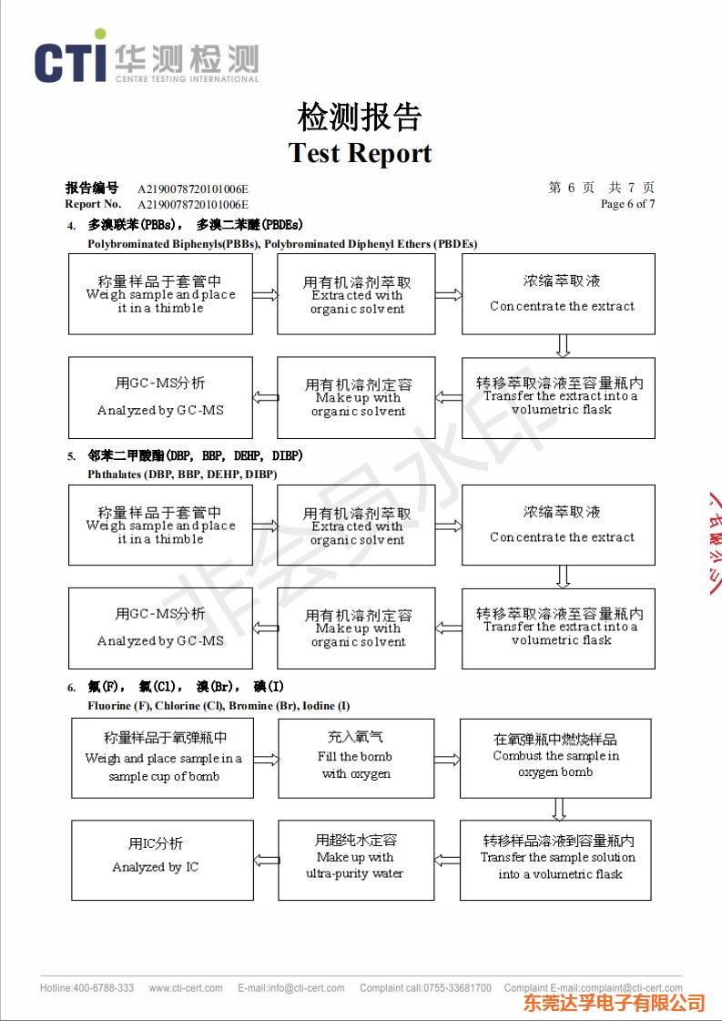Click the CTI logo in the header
click(146, 61)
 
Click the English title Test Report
click(361, 153)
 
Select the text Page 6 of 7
click(627, 204)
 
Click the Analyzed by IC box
click(162, 860)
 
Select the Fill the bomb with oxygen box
click(356, 757)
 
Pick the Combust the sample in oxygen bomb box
click(555, 757)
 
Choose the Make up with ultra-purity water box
click(356, 860)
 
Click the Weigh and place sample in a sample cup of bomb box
click(162, 757)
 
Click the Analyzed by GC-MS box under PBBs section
click(160, 397)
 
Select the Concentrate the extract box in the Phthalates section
click(558, 525)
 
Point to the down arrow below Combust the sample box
click(559, 809)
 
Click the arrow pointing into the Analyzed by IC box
click(266, 860)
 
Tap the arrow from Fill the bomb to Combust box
click(448, 759)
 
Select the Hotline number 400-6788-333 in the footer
click(86, 988)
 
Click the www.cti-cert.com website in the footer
click(186, 988)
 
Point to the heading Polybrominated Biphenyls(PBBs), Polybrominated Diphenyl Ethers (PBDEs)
click(282, 244)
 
